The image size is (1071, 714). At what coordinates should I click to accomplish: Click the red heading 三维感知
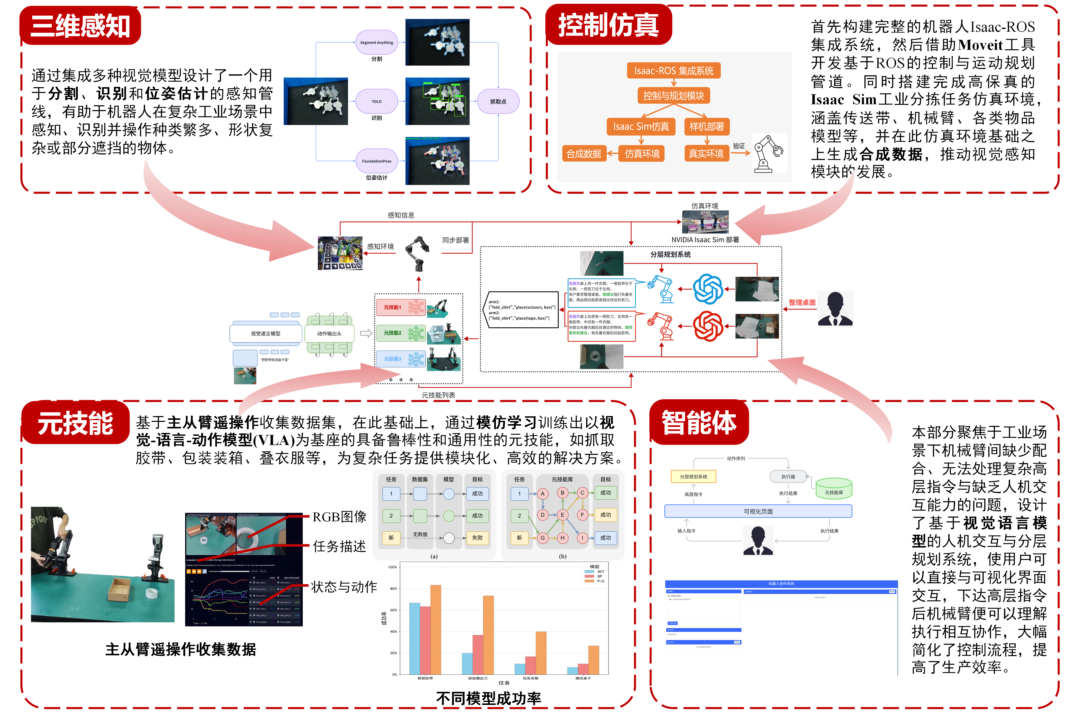point(80,26)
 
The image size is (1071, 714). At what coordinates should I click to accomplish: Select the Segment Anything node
point(377,42)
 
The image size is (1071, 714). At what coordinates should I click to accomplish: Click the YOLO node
point(377,101)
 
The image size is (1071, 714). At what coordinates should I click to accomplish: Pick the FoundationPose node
point(377,161)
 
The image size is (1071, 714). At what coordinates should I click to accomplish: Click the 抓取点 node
point(498,101)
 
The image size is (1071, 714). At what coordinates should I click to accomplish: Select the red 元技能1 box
point(400,307)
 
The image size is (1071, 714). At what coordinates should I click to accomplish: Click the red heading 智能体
point(699,422)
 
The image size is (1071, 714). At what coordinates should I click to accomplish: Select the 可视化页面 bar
point(758,511)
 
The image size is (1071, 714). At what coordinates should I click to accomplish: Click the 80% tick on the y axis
point(392,588)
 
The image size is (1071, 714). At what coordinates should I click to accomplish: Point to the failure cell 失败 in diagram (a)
point(477,538)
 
